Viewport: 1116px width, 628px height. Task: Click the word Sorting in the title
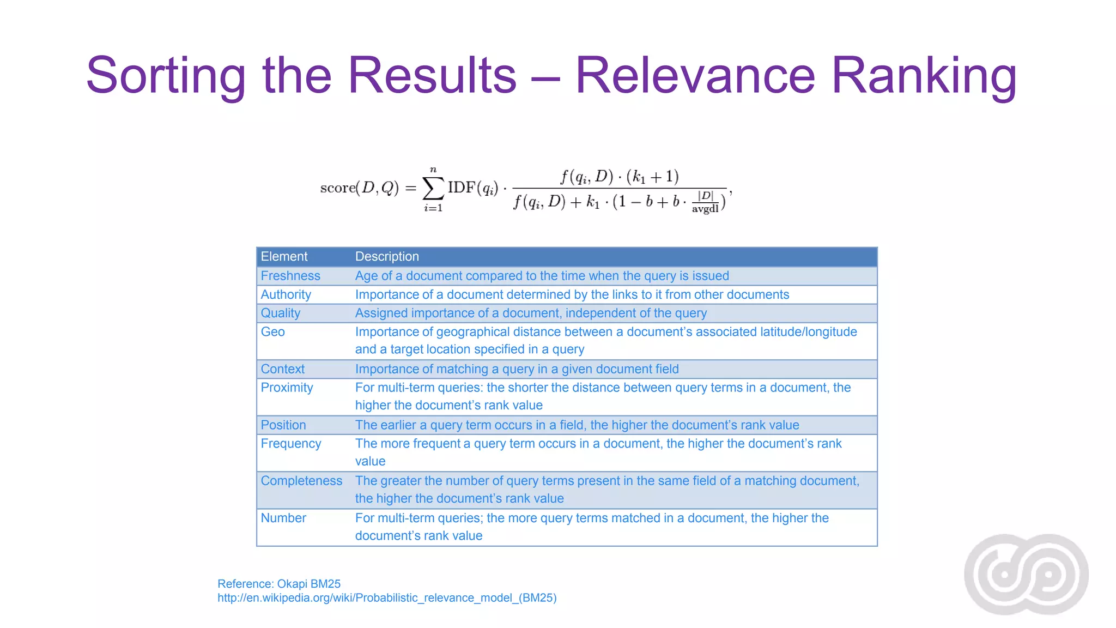tap(166, 76)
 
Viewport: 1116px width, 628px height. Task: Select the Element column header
tap(284, 256)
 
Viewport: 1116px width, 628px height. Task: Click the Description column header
tap(387, 256)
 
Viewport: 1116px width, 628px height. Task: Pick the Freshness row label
tap(290, 276)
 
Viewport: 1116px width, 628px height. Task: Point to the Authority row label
tap(286, 294)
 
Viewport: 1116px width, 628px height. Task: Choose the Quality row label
tap(280, 313)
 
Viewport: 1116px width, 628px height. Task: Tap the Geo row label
tap(272, 331)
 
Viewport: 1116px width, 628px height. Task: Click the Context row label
tap(282, 369)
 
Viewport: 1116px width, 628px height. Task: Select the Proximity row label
tap(287, 388)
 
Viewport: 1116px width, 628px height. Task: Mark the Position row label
tap(283, 425)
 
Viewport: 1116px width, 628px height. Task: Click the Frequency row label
tap(290, 443)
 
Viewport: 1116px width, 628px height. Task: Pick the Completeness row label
tap(301, 481)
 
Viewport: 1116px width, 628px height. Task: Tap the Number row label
tap(283, 518)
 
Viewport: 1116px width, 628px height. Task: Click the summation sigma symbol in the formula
tap(433, 189)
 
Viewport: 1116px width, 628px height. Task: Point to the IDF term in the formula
tap(462, 188)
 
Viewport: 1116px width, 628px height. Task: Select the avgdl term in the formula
tap(705, 208)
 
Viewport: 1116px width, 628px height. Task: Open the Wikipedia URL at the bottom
tap(387, 598)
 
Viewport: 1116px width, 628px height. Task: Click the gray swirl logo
tap(1026, 574)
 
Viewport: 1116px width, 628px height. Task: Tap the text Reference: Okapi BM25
tap(279, 584)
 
